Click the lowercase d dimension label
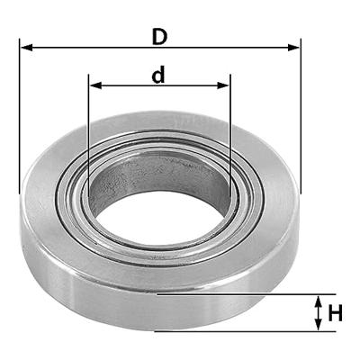pyautogui.click(x=158, y=76)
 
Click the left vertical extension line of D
pyautogui.click(x=19, y=117)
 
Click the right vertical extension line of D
pyautogui.click(x=300, y=117)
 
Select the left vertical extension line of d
pyautogui.click(x=88, y=126)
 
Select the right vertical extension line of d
pyautogui.click(x=230, y=126)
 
